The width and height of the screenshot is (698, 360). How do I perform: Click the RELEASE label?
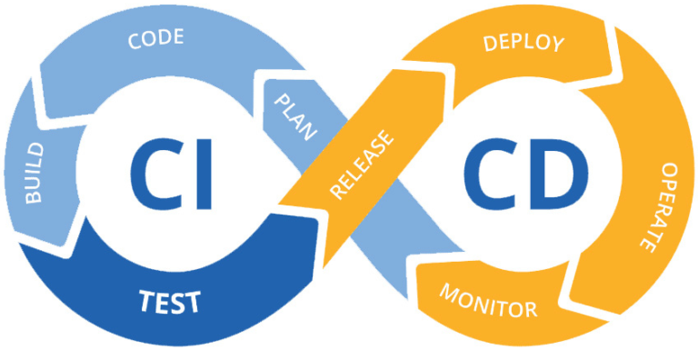point(364,165)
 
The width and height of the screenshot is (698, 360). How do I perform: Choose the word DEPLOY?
point(523,42)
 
